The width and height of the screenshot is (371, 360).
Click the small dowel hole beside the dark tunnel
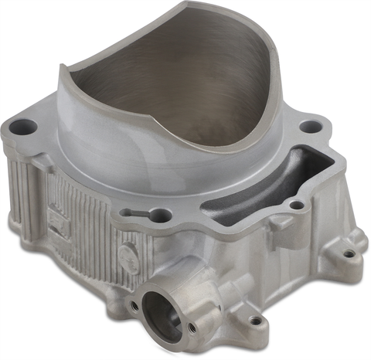(294, 205)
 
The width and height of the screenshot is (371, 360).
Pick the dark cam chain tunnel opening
(246, 191)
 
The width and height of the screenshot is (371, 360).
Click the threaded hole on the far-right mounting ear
(349, 253)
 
